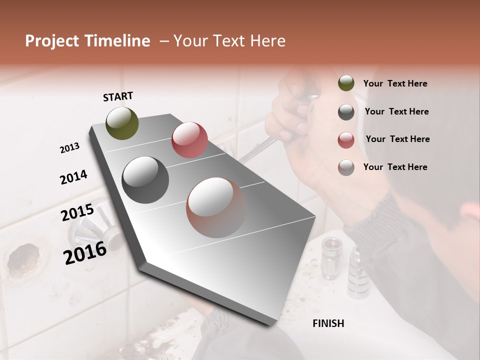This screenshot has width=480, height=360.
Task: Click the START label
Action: (118, 96)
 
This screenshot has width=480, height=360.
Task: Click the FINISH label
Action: (328, 323)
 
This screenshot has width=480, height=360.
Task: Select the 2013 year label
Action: (69, 148)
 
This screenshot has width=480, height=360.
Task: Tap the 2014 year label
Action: (73, 177)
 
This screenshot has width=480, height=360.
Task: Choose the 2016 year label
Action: (85, 253)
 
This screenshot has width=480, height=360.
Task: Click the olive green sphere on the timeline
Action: (122, 123)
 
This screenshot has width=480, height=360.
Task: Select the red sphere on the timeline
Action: (189, 139)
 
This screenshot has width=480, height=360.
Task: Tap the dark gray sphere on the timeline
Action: (145, 179)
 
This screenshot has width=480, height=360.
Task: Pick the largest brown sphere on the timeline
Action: (216, 207)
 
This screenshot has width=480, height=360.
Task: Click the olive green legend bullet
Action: (346, 83)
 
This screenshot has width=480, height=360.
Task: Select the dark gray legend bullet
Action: (346, 111)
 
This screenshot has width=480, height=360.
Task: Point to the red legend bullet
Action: (346, 139)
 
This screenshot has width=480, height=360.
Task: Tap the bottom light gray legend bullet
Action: (346, 167)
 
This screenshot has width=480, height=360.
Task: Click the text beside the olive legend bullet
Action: (395, 84)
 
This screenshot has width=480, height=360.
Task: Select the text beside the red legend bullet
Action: (397, 139)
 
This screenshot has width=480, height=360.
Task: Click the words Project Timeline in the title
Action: (87, 41)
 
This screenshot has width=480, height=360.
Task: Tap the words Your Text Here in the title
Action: (229, 41)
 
